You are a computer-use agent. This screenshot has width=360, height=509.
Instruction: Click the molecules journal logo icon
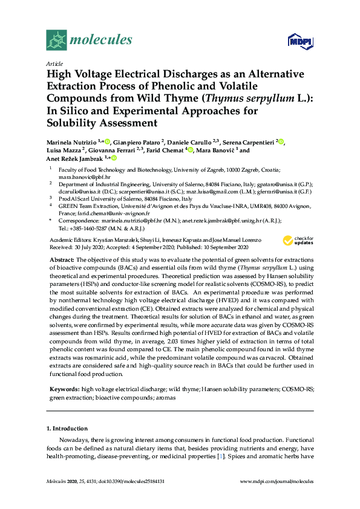tap(57, 41)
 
